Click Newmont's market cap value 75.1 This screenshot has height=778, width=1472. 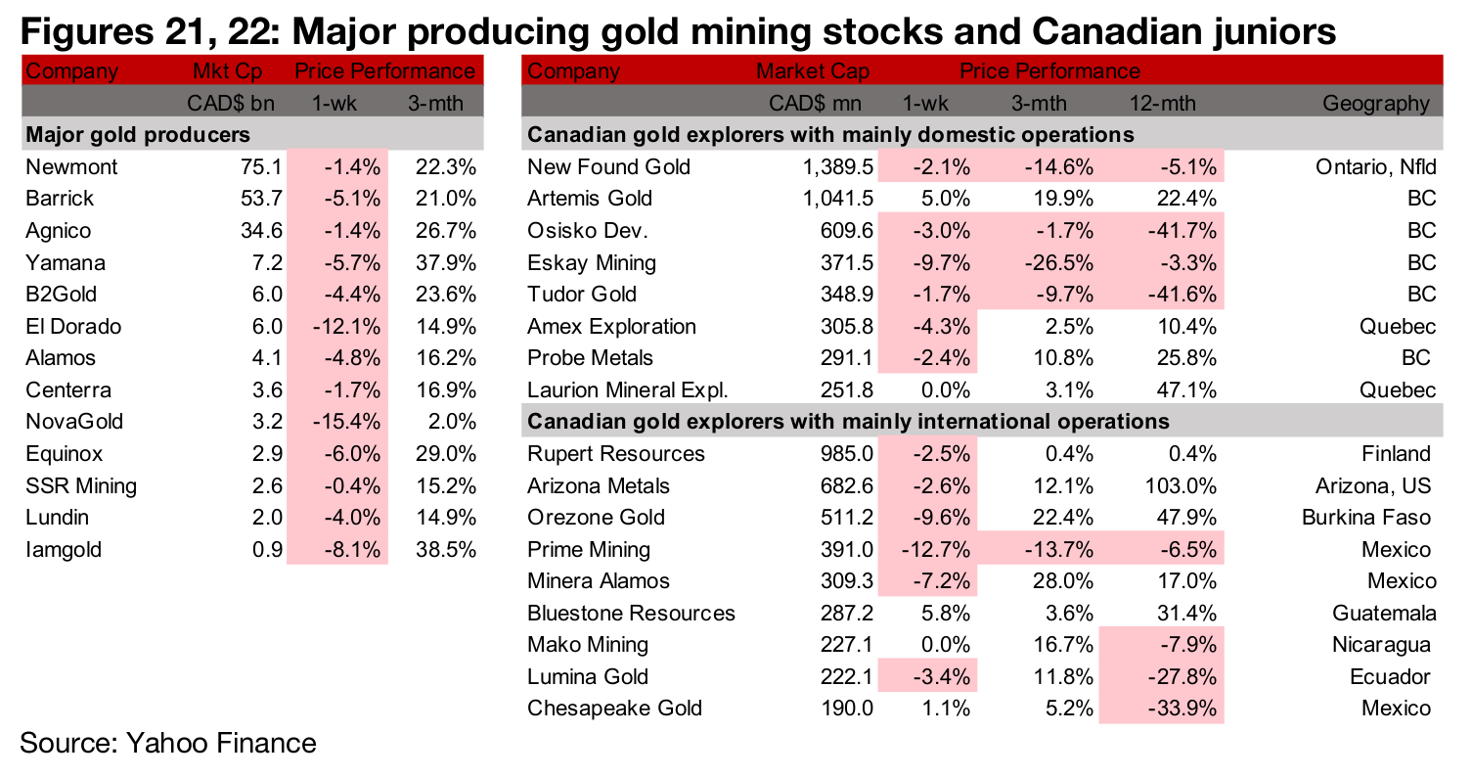[x=264, y=167]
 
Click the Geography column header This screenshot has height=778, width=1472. [x=1375, y=104]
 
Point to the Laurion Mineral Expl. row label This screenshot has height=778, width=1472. [x=627, y=390]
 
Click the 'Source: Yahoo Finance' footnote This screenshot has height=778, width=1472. [x=168, y=743]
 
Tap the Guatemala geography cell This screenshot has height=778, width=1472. [x=1384, y=614]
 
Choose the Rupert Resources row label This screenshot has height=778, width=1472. [x=615, y=454]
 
